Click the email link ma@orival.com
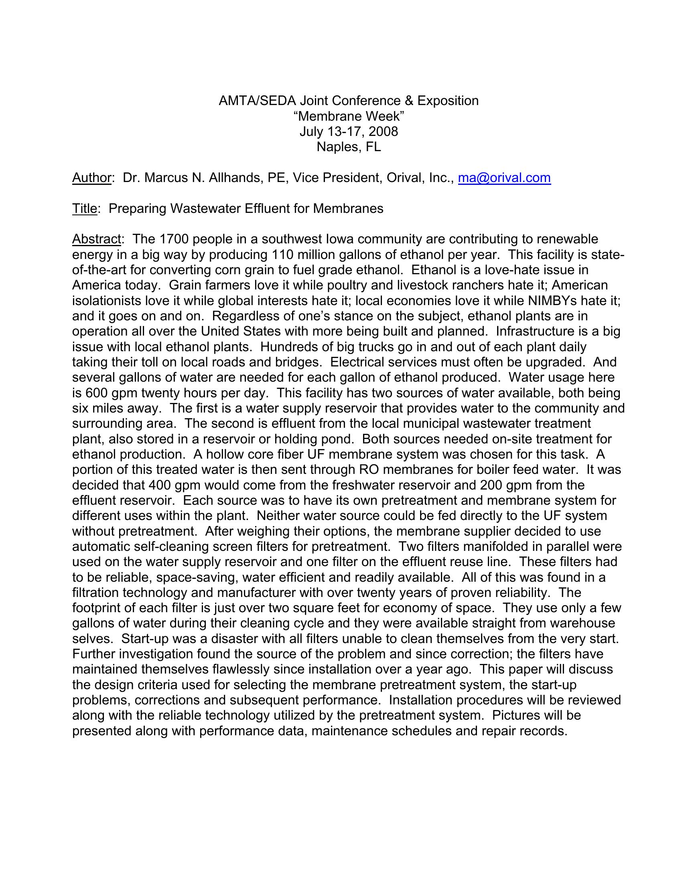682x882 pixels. click(x=504, y=178)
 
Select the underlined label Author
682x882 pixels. click(x=91, y=178)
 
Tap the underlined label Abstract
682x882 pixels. click(x=96, y=239)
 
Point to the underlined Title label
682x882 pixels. click(x=84, y=208)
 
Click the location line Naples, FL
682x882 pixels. click(x=349, y=147)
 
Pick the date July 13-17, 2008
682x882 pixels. click(x=349, y=131)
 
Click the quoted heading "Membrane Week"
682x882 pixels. click(x=349, y=116)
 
